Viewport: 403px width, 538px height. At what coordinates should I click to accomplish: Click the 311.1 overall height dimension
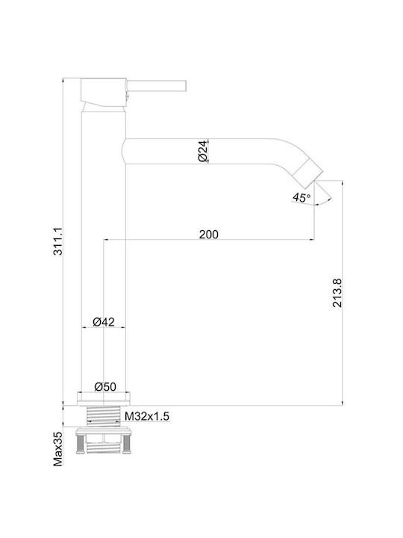pyautogui.click(x=59, y=241)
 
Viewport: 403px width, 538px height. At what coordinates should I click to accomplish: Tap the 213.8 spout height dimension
pyautogui.click(x=337, y=293)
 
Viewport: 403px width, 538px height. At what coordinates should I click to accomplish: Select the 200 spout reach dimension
pyautogui.click(x=209, y=235)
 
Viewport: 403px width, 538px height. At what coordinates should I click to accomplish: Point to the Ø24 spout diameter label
pyautogui.click(x=203, y=151)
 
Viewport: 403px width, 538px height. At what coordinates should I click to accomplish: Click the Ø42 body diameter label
pyautogui.click(x=104, y=322)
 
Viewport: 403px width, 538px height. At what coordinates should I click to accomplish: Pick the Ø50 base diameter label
pyautogui.click(x=105, y=387)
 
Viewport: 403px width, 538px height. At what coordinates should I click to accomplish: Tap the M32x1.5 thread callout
pyautogui.click(x=147, y=416)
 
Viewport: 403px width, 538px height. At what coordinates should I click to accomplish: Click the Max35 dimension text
pyautogui.click(x=59, y=449)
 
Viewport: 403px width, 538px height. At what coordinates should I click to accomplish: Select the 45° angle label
pyautogui.click(x=302, y=197)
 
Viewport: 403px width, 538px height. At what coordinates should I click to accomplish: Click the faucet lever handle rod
pyautogui.click(x=156, y=86)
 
